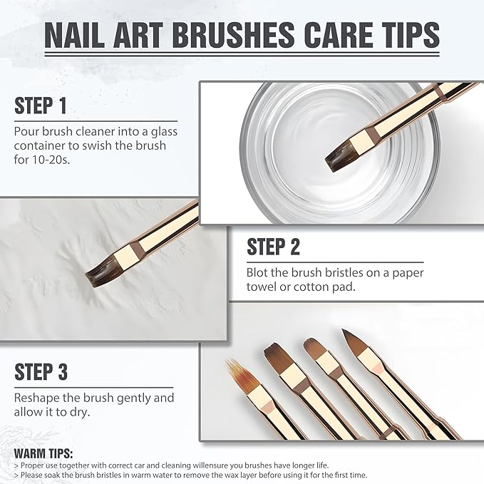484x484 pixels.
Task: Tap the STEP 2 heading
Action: [274, 247]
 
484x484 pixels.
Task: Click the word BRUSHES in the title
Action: [238, 36]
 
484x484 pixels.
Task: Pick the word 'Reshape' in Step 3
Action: [37, 398]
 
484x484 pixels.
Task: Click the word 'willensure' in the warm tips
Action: [213, 464]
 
